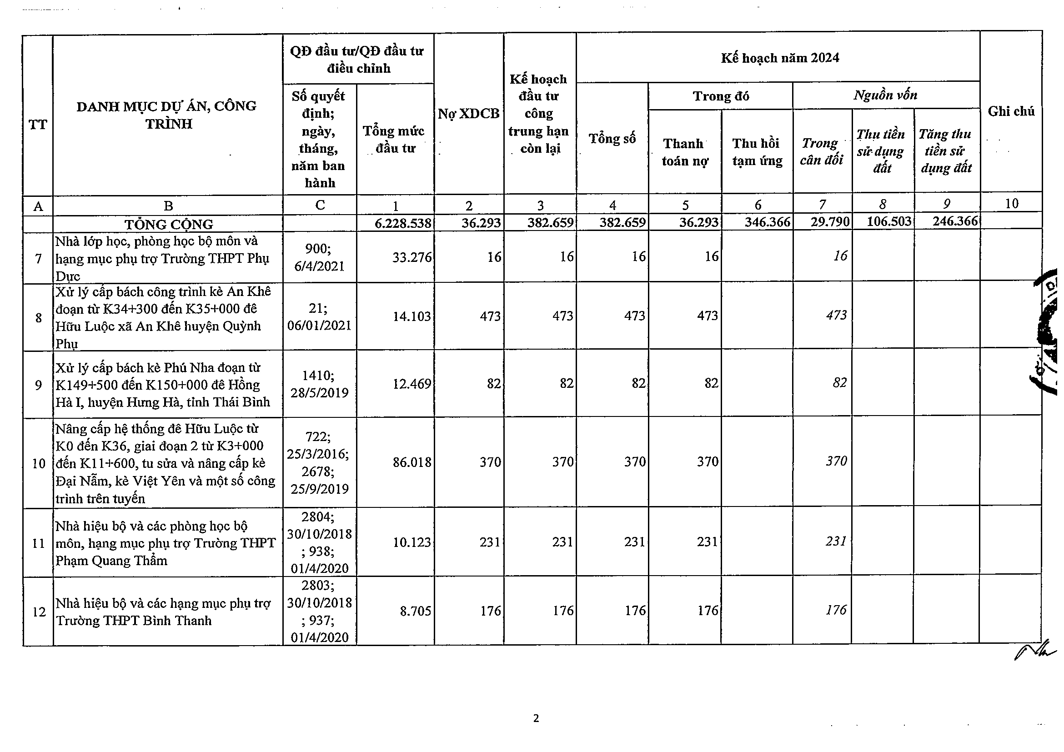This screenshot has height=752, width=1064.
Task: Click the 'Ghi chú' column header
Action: pyautogui.click(x=1011, y=111)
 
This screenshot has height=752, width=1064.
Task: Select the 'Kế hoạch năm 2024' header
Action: pyautogui.click(x=779, y=58)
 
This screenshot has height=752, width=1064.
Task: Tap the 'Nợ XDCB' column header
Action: pyautogui.click(x=468, y=114)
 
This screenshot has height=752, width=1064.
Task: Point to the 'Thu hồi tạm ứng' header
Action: pyautogui.click(x=757, y=152)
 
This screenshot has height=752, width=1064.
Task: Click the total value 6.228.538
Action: pyautogui.click(x=403, y=223)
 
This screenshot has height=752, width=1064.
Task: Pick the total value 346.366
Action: pyautogui.click(x=767, y=222)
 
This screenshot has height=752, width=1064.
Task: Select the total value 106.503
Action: pyautogui.click(x=889, y=221)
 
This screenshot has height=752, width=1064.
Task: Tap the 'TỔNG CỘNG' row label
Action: pyautogui.click(x=169, y=224)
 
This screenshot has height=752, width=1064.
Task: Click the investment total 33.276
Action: pyautogui.click(x=412, y=257)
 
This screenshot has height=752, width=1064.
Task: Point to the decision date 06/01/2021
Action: pyautogui.click(x=319, y=326)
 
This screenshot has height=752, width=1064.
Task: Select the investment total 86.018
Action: pyautogui.click(x=412, y=462)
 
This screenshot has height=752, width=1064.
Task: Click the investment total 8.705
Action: pyautogui.click(x=415, y=611)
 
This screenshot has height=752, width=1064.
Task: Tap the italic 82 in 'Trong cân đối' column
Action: pyautogui.click(x=839, y=383)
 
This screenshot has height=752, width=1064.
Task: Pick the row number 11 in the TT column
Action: pyautogui.click(x=39, y=543)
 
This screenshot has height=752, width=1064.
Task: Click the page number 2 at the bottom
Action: pyautogui.click(x=536, y=719)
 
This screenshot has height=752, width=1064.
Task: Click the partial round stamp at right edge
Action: pyautogui.click(x=1047, y=331)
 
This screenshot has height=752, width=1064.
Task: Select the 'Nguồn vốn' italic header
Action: pyautogui.click(x=885, y=95)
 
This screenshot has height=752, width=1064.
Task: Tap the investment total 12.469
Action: pyautogui.click(x=412, y=384)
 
